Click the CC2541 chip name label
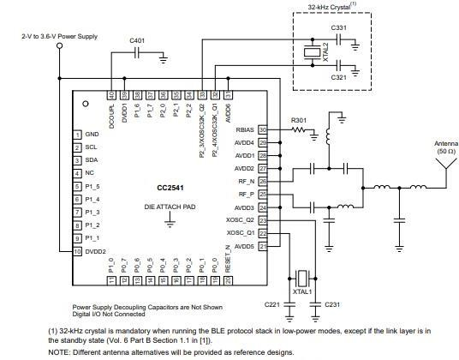coord(170,187)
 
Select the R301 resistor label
coord(298,120)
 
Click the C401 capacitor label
coord(137,40)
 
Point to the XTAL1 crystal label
coord(302,293)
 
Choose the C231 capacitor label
coord(332,305)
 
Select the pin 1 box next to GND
coord(76,135)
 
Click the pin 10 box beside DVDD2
coord(76,251)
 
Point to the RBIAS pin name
coord(244,130)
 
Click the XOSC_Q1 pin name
coord(241,233)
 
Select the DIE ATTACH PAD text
coord(170,207)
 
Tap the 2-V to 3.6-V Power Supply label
coord(60,38)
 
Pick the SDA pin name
coord(91,160)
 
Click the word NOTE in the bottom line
coord(59,352)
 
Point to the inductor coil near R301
coord(328,135)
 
